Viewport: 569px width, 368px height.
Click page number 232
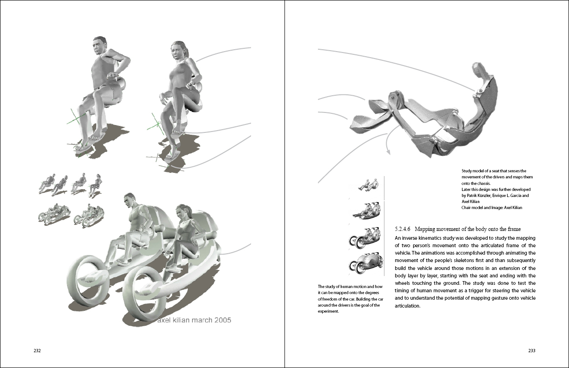pos(37,350)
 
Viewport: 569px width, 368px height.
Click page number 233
pos(532,350)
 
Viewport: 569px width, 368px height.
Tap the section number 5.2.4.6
pos(403,229)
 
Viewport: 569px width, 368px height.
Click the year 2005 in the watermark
pos(223,320)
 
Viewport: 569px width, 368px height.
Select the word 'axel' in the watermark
pos(164,320)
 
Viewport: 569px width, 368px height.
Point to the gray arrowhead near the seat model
pos(388,152)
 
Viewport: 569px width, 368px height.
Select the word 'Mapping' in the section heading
pos(424,229)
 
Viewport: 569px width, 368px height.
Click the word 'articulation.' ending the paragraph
pos(407,306)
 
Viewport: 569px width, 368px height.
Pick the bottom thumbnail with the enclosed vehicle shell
pos(366,263)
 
